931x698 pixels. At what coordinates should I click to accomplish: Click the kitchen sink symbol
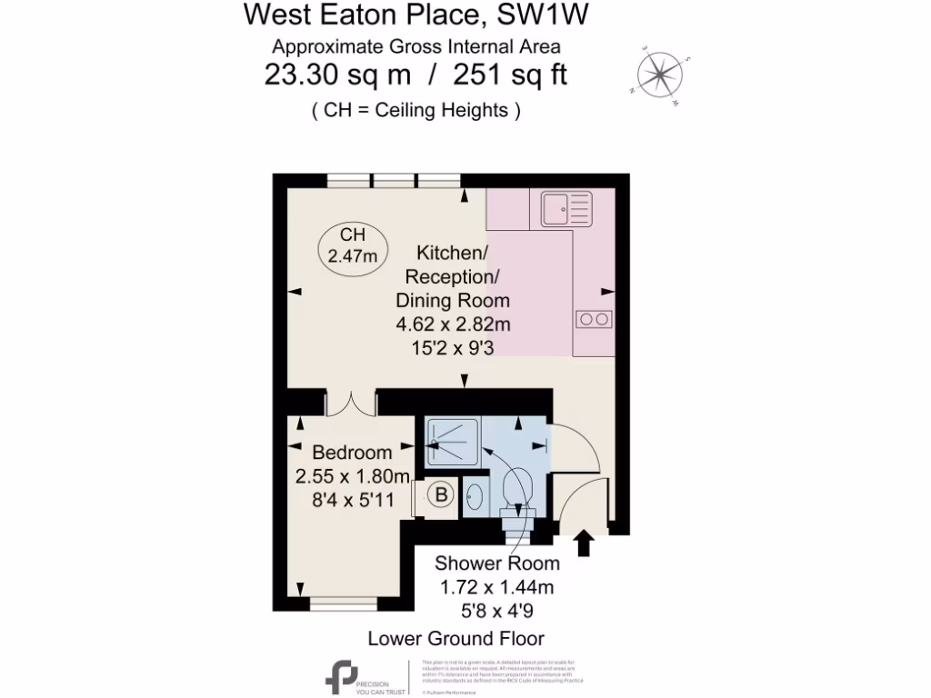(566, 208)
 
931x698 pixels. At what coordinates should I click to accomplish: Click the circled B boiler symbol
(441, 495)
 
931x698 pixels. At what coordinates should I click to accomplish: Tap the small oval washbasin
(476, 497)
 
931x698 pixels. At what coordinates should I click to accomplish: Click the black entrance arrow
(584, 543)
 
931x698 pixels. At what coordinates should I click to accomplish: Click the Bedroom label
(352, 453)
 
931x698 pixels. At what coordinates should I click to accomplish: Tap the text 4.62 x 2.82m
(453, 324)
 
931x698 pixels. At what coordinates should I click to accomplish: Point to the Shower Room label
(496, 563)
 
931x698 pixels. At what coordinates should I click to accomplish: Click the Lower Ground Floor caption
(455, 638)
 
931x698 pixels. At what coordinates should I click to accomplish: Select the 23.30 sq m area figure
(333, 75)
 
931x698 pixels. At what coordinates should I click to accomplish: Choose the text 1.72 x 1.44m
(496, 587)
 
